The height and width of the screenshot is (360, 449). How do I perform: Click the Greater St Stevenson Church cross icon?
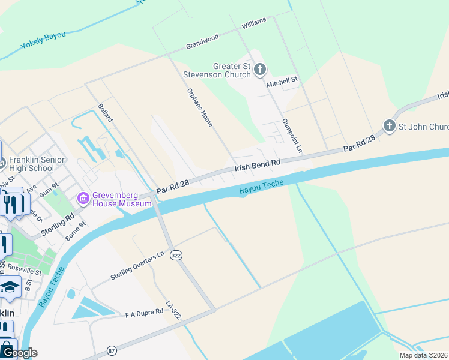click(x=260, y=70)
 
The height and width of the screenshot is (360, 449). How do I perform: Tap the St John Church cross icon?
click(x=390, y=126)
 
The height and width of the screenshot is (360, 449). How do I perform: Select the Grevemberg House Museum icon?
click(x=83, y=197)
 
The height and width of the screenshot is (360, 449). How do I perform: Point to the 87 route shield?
click(x=112, y=350)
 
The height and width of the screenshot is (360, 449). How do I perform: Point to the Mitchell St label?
click(x=282, y=80)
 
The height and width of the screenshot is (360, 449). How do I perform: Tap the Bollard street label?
click(x=105, y=113)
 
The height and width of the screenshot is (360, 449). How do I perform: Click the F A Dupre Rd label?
click(x=144, y=313)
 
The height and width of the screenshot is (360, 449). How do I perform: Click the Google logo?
click(x=19, y=353)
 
